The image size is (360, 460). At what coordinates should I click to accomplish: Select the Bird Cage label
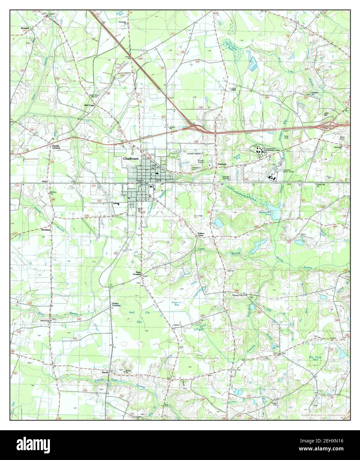90,105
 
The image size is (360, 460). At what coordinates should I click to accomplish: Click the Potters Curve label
201,234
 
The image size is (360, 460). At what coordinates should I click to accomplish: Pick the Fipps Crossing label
137,273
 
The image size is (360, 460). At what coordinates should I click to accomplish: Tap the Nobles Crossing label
116,304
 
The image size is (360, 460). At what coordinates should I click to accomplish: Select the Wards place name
105,372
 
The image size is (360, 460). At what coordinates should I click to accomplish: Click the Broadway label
46,230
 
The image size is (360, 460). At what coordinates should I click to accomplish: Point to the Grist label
45,182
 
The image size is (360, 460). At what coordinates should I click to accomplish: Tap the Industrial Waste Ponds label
289,171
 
